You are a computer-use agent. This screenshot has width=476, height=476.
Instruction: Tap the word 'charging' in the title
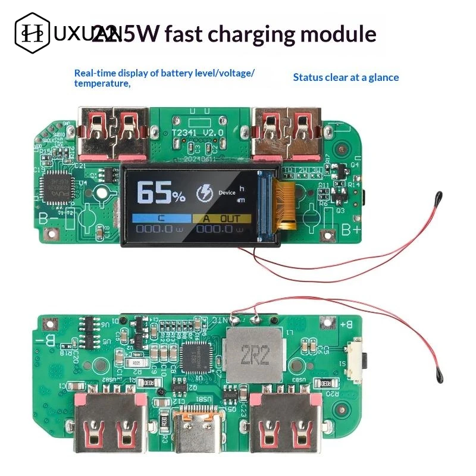pyautogui.click(x=253, y=34)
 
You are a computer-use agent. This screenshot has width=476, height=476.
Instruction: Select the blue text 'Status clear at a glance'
pyautogui.click(x=346, y=77)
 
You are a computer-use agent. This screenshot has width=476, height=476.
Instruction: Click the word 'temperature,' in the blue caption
pyautogui.click(x=102, y=84)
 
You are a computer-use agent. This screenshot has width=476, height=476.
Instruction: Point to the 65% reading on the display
pyautogui.click(x=161, y=193)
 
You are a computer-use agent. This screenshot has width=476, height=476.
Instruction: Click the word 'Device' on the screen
pyautogui.click(x=227, y=193)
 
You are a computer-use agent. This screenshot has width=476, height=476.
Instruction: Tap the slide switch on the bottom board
pyautogui.click(x=359, y=361)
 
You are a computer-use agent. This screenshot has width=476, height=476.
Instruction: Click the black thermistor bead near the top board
pyautogui.click(x=438, y=196)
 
